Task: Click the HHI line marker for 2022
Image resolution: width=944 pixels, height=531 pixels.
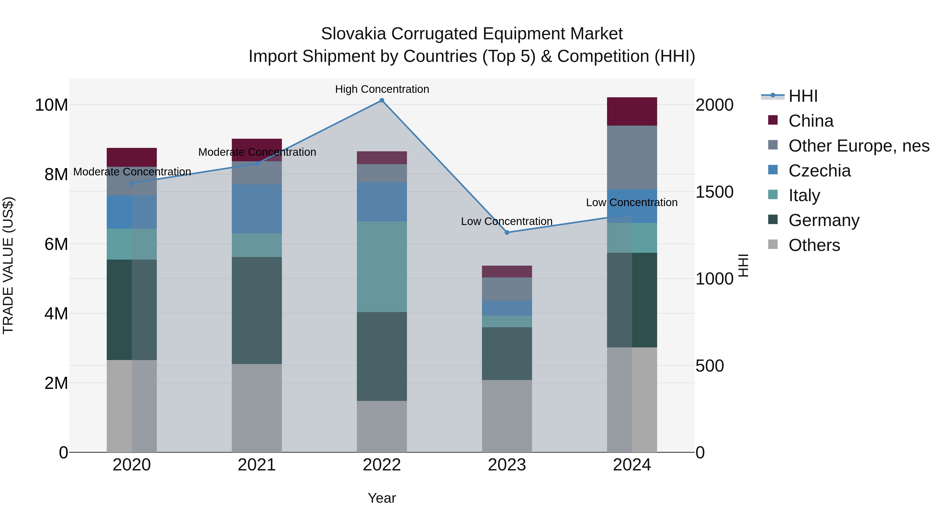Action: click(382, 100)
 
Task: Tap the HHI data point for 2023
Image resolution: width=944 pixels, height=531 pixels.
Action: click(507, 232)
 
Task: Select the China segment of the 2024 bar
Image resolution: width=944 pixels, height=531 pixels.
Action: click(632, 111)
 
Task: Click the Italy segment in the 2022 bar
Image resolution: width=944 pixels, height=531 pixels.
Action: click(382, 266)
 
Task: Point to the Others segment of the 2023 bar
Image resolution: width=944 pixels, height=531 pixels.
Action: click(507, 416)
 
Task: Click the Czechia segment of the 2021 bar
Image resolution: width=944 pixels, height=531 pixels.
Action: click(256, 209)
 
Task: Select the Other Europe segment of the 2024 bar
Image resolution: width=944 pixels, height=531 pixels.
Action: click(632, 157)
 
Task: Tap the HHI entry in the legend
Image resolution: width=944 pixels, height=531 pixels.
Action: click(803, 96)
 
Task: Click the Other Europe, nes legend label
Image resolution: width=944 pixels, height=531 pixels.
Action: click(859, 146)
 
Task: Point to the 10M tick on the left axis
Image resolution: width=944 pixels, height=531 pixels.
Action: click(51, 105)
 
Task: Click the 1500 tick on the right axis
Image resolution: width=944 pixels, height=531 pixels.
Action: click(714, 192)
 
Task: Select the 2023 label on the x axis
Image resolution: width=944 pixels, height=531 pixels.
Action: click(507, 465)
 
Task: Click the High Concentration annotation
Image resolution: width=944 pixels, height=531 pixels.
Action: click(382, 89)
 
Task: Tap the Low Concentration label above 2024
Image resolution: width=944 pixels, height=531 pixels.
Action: click(631, 202)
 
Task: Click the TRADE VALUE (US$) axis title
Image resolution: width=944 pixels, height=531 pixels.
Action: click(8, 265)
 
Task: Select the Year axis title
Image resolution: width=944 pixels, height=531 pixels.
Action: click(382, 498)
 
